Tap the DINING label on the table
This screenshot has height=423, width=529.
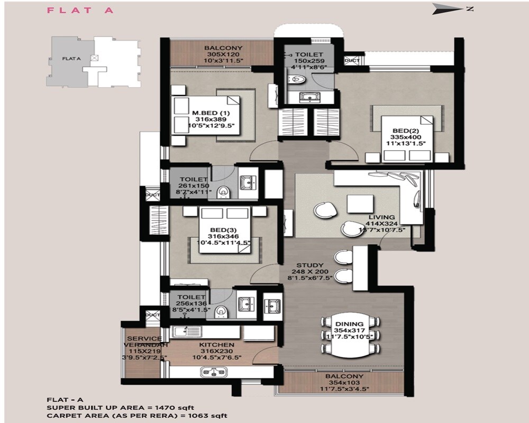349,324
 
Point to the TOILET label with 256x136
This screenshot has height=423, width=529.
191,298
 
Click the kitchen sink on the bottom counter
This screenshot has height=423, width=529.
215,372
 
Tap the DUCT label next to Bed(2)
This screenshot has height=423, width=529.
352,61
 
